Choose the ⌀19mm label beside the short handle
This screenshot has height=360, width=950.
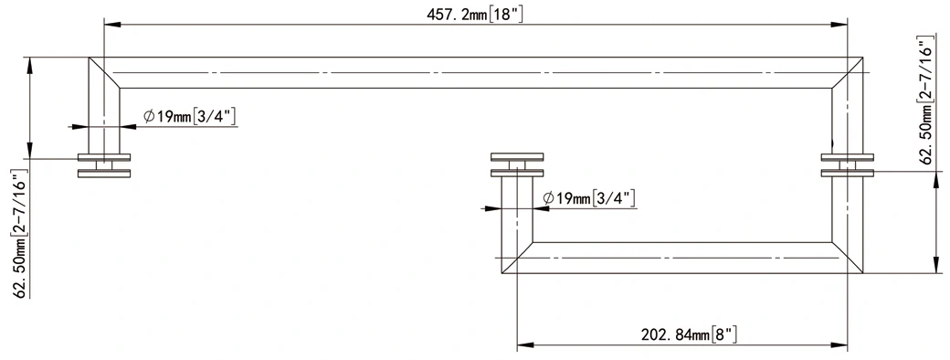(589, 197)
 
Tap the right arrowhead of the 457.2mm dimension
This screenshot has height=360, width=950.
(841, 25)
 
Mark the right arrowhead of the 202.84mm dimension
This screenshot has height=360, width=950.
(841, 346)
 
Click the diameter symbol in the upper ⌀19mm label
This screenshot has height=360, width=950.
(149, 116)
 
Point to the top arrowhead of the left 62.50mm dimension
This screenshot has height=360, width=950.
(32, 63)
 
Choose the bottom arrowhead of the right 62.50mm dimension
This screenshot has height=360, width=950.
(935, 267)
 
